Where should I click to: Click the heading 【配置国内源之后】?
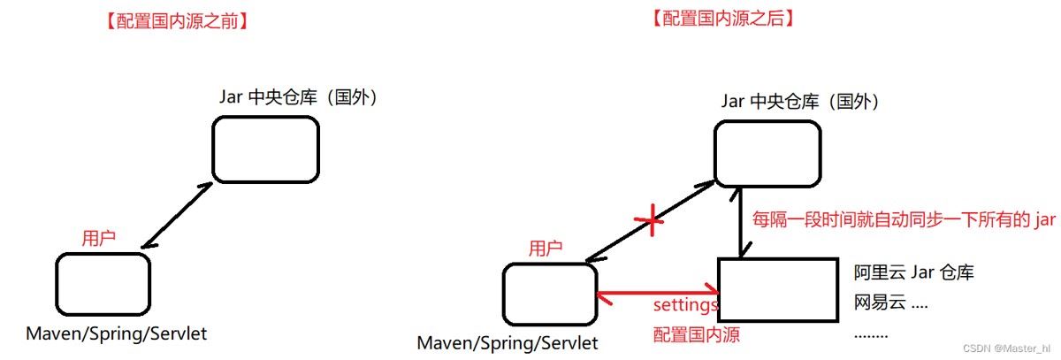click(720, 19)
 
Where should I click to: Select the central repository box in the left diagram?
click(265, 149)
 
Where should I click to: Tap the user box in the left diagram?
click(103, 284)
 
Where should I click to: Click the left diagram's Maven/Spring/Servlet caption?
click(117, 334)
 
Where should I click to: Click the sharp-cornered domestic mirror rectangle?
click(777, 290)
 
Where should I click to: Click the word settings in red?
click(685, 306)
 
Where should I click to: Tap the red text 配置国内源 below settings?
click(696, 334)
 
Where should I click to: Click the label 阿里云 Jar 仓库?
click(913, 272)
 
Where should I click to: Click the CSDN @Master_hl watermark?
click(1006, 349)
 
